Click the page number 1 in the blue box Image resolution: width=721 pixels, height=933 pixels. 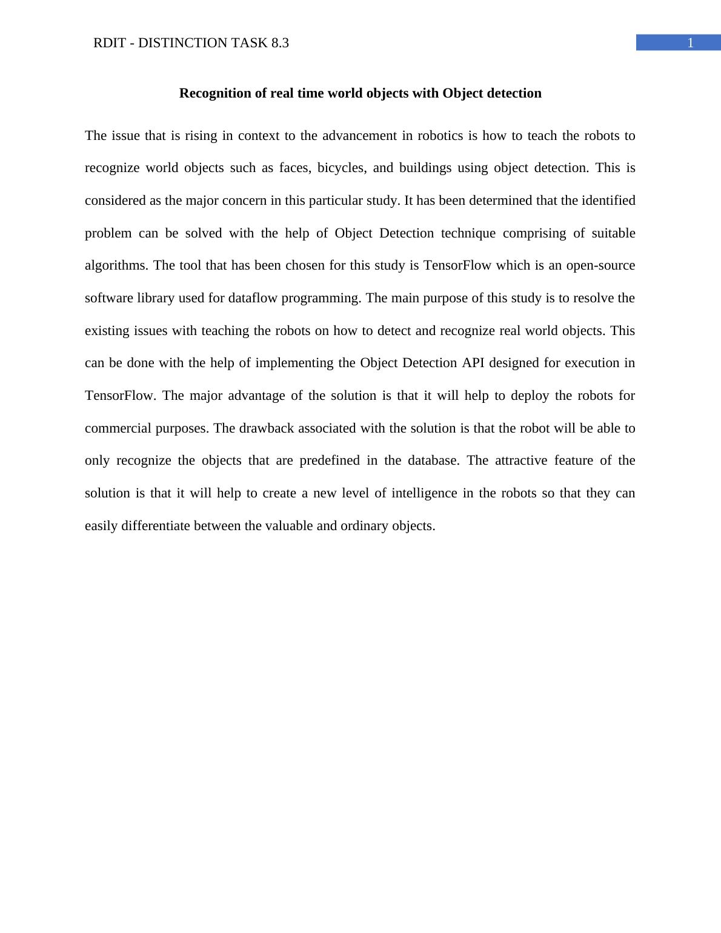689,43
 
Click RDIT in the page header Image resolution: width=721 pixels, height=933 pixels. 110,43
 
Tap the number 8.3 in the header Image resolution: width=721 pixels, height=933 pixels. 279,43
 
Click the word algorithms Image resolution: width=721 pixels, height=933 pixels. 116,265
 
